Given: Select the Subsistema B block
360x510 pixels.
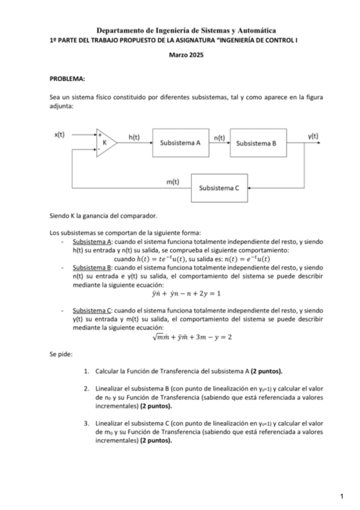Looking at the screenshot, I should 257,144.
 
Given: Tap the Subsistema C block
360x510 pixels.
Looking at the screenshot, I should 219,188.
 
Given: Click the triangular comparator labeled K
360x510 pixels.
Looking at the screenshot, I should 106,143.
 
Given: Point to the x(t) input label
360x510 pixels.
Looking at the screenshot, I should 59,135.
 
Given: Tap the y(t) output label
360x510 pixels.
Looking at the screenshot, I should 313,136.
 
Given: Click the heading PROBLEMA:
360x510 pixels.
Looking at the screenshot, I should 67,78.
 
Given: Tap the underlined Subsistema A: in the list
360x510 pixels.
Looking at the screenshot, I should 91,242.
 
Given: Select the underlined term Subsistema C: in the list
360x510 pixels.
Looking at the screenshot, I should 91,312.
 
